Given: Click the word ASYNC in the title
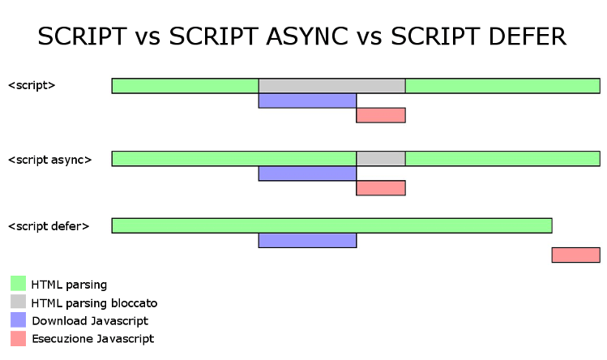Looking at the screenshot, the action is pos(307,36).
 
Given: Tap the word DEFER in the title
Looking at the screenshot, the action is pos(528,36).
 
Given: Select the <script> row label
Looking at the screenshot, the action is pos(32,85).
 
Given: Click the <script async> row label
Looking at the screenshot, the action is pos(50,160).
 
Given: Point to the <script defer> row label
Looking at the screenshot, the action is pos(49,226).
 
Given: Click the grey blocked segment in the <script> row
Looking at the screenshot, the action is pos(332,86).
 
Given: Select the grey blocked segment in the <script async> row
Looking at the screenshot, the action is pos(381,158).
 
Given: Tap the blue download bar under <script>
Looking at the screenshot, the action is pos(307,101).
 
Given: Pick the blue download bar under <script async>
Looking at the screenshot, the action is pos(307,174).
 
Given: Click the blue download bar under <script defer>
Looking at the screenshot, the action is pos(307,240).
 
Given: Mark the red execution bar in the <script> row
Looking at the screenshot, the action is pos(381,115).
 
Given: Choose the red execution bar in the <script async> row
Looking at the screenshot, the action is pos(381,188).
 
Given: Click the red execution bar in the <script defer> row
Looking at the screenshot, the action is pos(576,255).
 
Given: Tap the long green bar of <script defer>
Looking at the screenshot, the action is pos(331,225).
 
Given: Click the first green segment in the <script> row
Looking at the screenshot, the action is pos(186,86).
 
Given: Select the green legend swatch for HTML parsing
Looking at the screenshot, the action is pos(18,283).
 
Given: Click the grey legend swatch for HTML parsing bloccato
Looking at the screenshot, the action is pos(18,302).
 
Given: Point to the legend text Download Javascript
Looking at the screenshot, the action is pos(90,321).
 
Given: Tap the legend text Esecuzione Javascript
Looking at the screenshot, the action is pos(93,339).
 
